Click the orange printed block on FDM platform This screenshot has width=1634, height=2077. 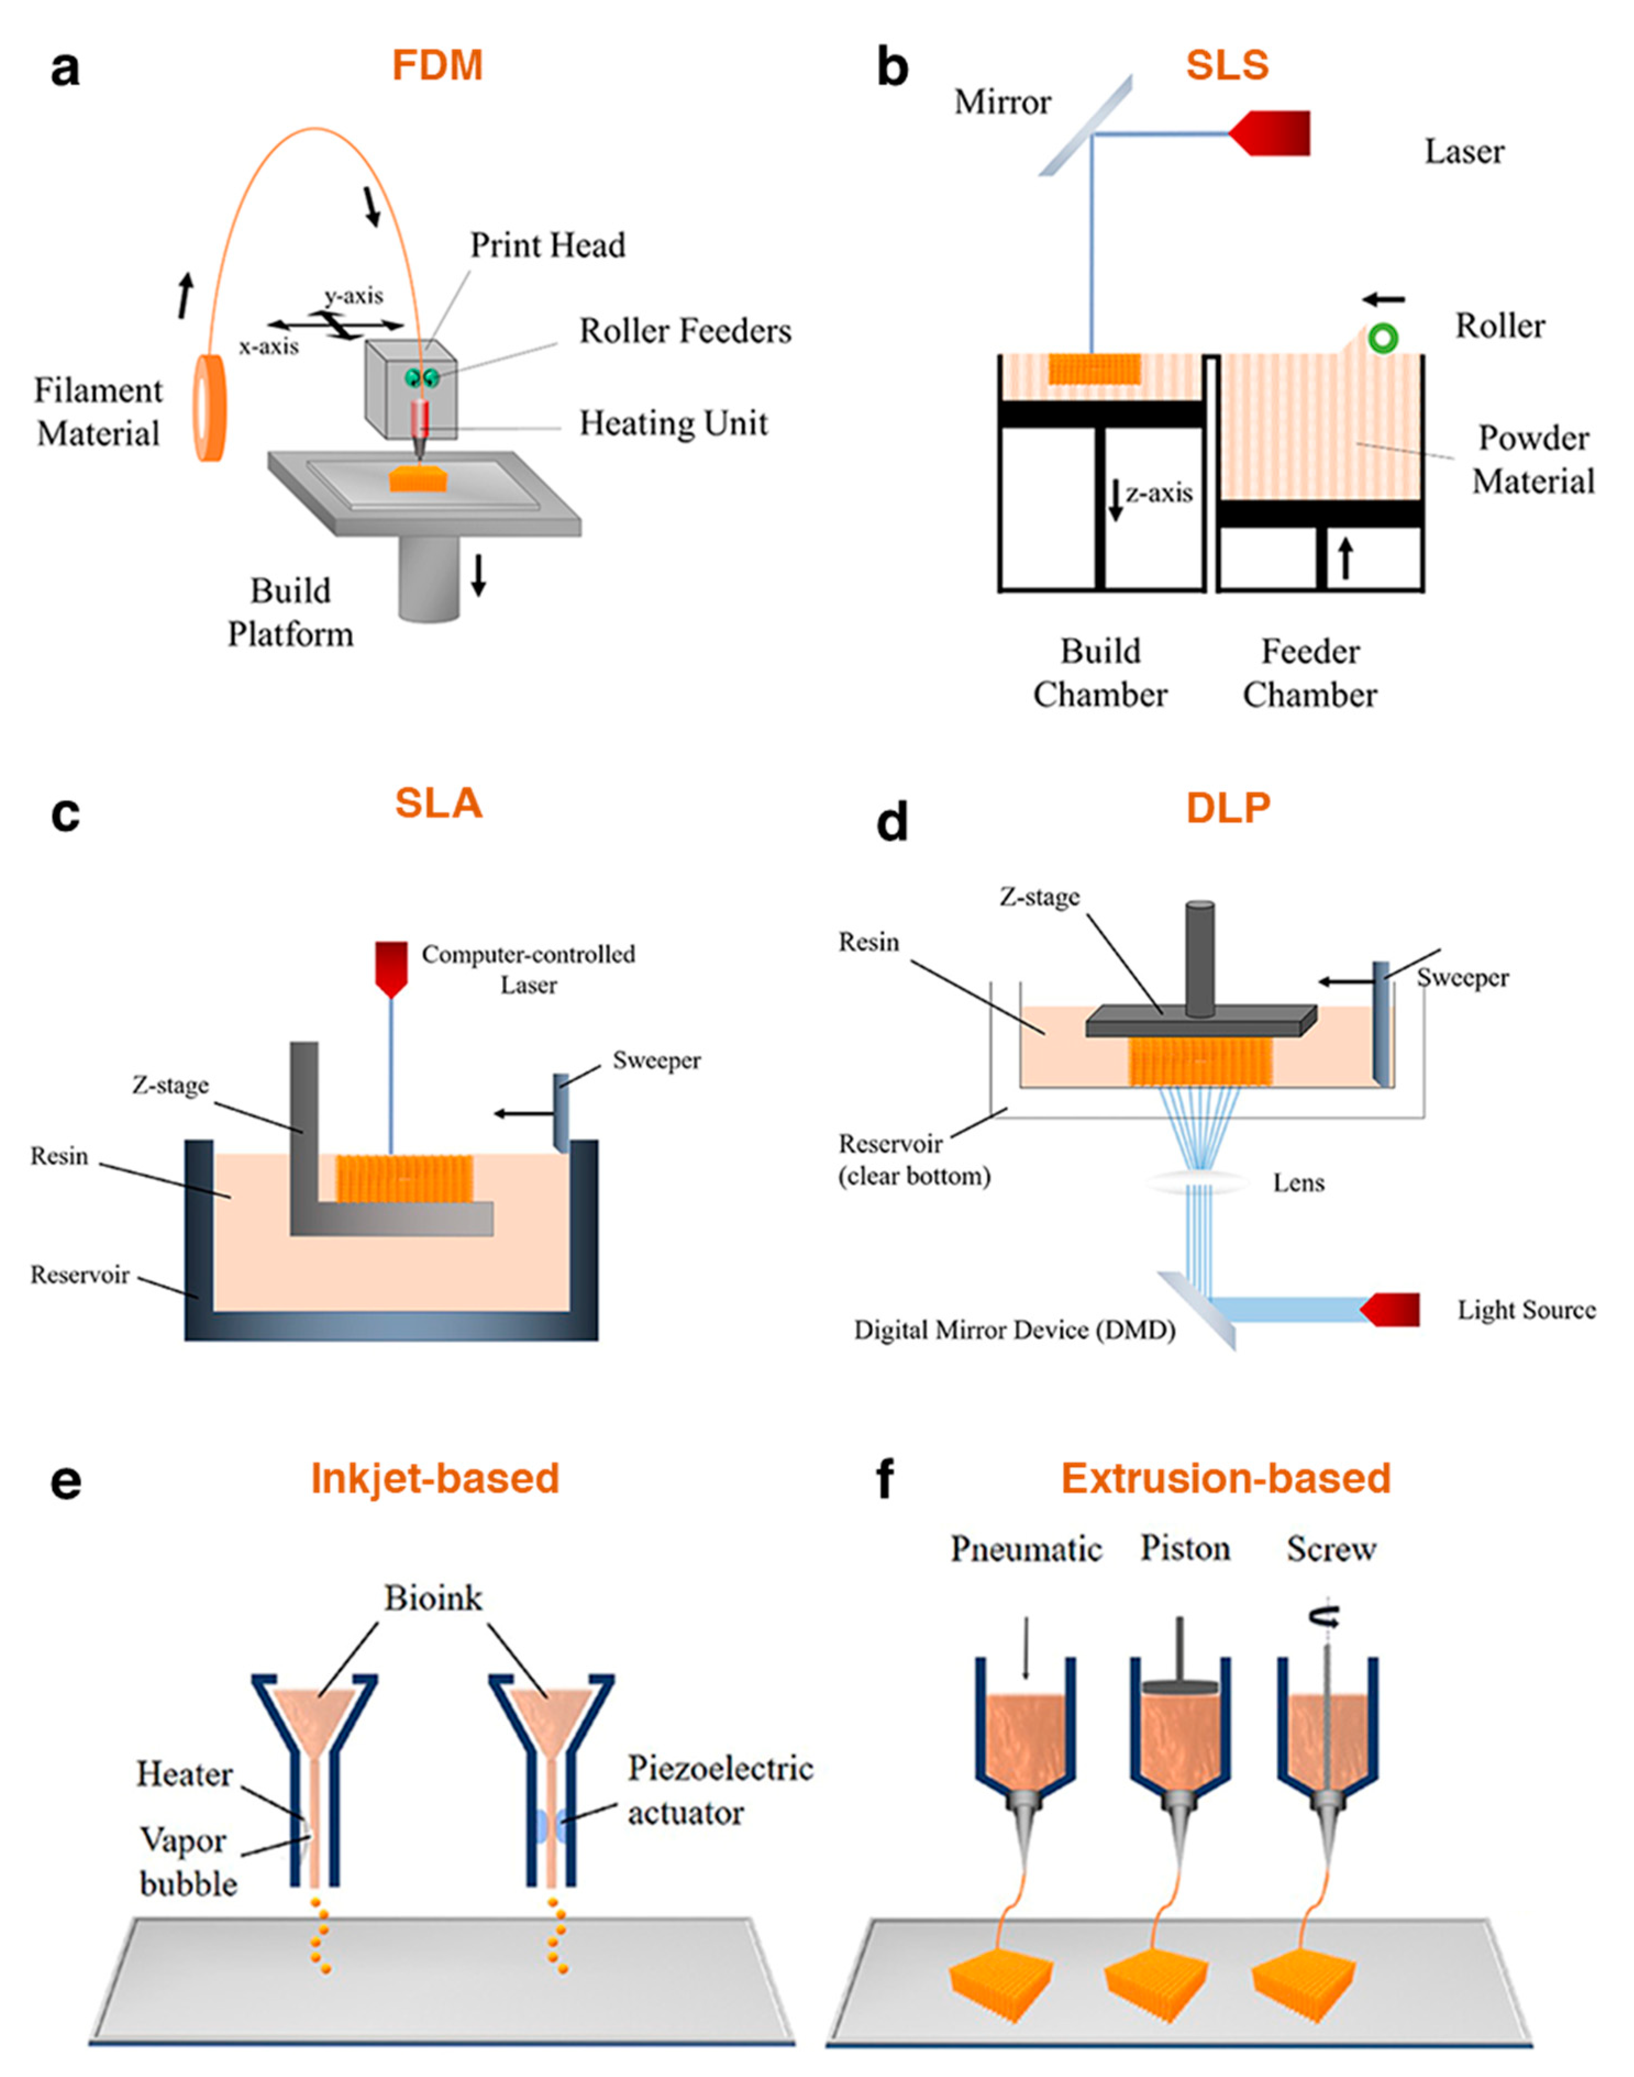[418, 478]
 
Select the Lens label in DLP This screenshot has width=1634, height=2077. [1298, 1183]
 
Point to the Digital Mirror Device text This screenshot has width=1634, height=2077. [1014, 1330]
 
